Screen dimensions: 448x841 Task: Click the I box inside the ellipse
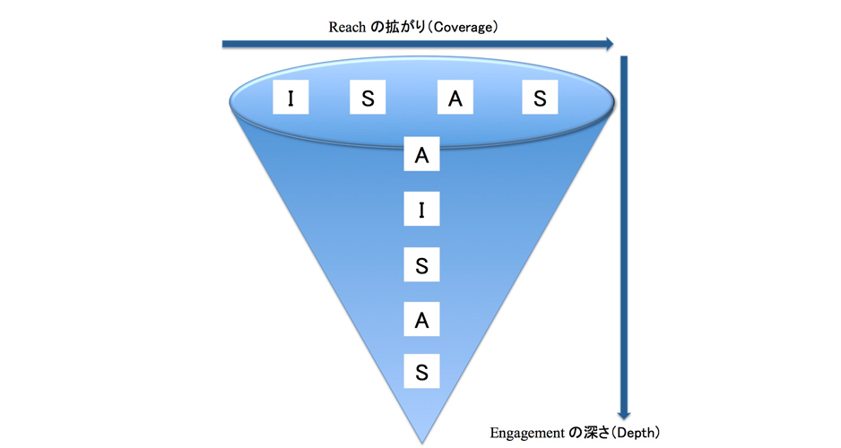(x=291, y=99)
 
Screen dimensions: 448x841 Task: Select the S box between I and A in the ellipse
(x=368, y=99)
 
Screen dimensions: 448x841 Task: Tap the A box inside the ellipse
(x=455, y=99)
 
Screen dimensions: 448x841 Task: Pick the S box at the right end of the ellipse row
(x=540, y=99)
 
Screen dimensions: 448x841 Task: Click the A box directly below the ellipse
(x=421, y=155)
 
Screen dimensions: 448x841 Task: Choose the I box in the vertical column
(x=421, y=211)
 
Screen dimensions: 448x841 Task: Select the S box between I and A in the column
(x=421, y=265)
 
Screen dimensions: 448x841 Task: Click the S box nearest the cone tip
(x=421, y=371)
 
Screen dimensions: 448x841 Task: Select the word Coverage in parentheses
(x=463, y=27)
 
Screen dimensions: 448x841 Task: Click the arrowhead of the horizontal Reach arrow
(x=609, y=43)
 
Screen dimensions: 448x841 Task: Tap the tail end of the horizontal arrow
(x=225, y=43)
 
